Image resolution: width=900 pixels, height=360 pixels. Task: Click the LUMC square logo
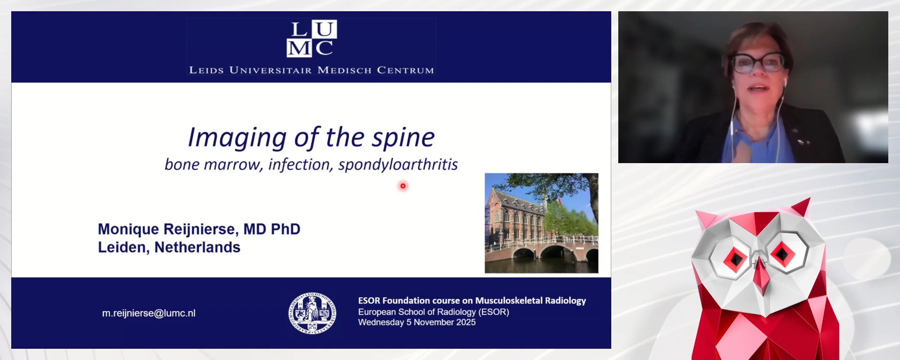[x=312, y=38]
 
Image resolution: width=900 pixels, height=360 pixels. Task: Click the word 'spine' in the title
[x=404, y=137]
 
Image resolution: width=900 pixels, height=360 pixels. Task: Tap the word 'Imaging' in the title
[x=237, y=138]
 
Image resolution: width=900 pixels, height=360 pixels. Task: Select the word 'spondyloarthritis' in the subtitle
[x=398, y=165]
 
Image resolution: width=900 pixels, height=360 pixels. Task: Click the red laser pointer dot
[x=403, y=186]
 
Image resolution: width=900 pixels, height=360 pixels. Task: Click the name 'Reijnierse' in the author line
[x=199, y=229]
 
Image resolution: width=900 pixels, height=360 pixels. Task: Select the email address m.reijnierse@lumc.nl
[x=149, y=313]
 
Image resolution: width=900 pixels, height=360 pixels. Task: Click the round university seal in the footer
[x=312, y=314]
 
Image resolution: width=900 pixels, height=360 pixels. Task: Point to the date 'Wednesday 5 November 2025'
[x=417, y=322]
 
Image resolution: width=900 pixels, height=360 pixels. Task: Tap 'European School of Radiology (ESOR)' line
[x=434, y=312]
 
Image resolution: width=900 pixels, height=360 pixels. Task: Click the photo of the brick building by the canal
[x=541, y=223]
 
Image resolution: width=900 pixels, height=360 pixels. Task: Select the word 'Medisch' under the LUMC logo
[x=345, y=70]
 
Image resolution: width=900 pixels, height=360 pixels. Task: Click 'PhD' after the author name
[x=285, y=229]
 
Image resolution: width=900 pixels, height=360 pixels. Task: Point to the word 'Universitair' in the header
[x=270, y=70]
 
